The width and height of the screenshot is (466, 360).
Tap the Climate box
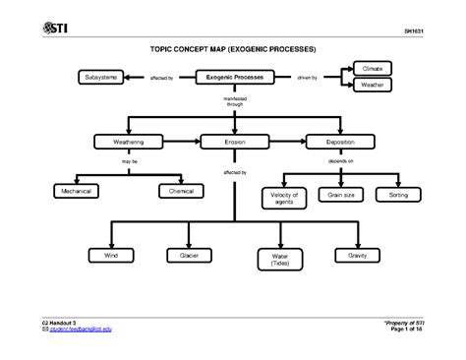click(372, 69)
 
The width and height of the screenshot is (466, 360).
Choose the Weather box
click(372, 86)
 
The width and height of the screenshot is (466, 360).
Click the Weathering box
click(128, 142)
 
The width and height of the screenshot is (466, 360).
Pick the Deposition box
click(339, 142)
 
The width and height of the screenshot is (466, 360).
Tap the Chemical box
click(181, 191)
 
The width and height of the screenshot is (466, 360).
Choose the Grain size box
click(339, 195)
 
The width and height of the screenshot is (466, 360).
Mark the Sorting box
click(398, 195)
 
